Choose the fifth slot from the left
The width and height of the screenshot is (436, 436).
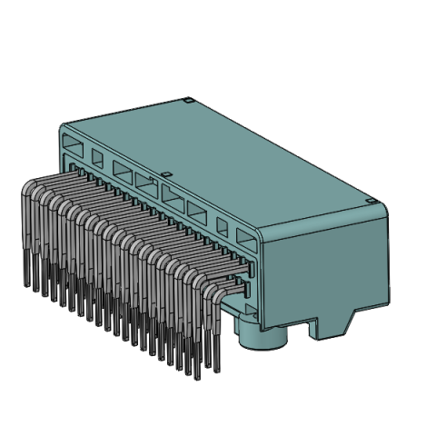point(173,193)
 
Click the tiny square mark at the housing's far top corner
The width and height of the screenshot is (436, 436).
point(186,99)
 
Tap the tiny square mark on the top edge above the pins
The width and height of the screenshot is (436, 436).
point(165,173)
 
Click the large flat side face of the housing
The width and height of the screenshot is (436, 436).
point(327,268)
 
